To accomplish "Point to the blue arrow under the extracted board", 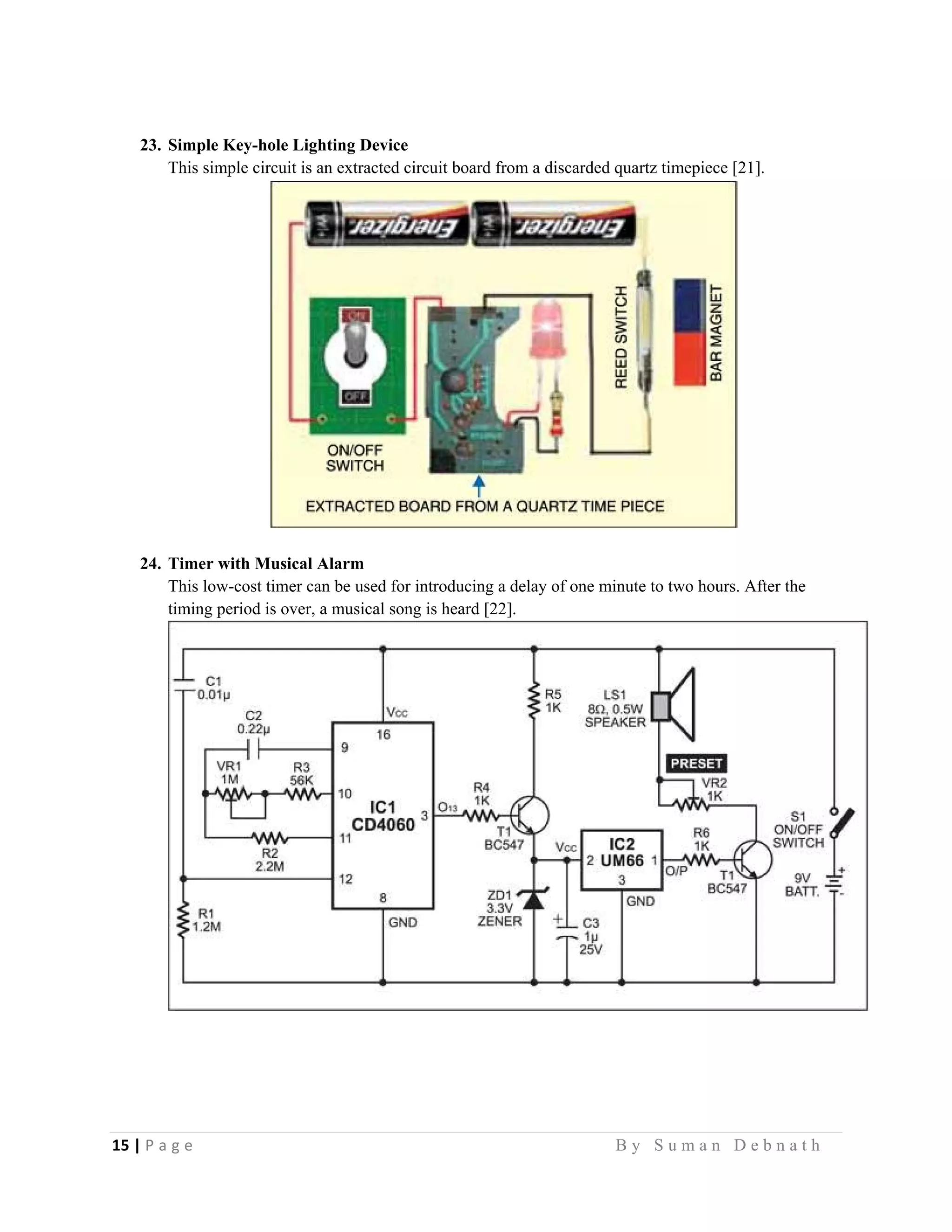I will [479, 485].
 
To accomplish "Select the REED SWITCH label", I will [621, 337].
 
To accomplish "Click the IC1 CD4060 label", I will [383, 816].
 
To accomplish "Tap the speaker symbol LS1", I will [674, 705].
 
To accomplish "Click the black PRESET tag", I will [696, 763].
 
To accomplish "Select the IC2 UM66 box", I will [621, 860].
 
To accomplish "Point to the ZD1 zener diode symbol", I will [534, 901].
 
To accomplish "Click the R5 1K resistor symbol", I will [534, 701].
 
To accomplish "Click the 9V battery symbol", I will [834, 884].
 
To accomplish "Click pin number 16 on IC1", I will [383, 735].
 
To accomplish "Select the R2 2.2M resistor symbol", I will [270, 838].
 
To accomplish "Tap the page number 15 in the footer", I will [120, 1146].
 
